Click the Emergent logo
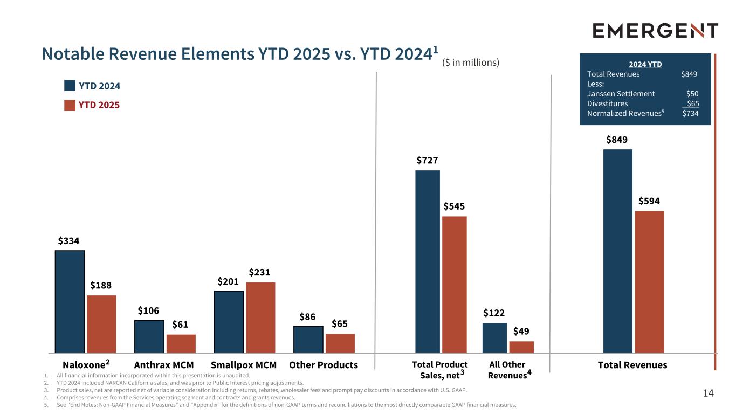point(655,31)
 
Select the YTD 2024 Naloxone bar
point(70,301)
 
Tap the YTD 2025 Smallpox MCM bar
point(260,318)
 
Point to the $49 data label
point(521,330)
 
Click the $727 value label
point(427,160)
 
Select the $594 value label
point(649,201)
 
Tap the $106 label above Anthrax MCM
point(148,310)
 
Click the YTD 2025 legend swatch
point(70,105)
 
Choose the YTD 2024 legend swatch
point(70,86)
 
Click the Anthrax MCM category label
point(163,365)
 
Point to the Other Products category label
point(324,365)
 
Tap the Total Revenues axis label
point(632,365)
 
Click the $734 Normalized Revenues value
point(690,113)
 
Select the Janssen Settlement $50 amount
point(692,94)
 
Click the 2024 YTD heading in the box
point(645,64)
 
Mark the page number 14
point(708,394)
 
